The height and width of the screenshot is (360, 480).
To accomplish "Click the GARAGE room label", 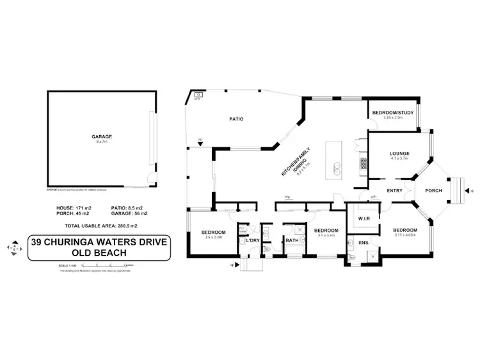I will coord(102,136).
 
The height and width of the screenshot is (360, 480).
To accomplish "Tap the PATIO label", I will coord(236,119).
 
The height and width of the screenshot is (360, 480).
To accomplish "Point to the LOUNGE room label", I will coord(399,153).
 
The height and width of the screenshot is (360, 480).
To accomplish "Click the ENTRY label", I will coord(395,190).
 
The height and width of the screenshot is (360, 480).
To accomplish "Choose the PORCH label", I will coord(434,190).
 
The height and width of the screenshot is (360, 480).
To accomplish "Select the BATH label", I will coord(292,241).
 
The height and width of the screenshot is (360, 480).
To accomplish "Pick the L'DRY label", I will coord(252,240).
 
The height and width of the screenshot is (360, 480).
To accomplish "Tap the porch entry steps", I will coord(460,190).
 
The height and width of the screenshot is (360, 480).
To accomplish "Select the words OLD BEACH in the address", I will coord(99,252).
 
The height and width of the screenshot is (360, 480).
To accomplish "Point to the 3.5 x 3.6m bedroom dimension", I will coord(213,238).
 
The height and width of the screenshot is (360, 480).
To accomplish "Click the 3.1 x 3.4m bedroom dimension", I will coord(326,235).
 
